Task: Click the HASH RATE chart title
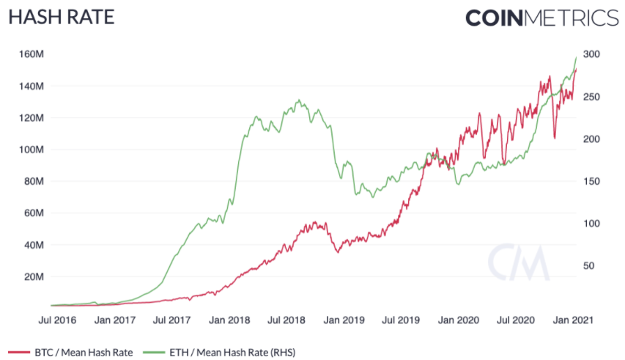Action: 61,16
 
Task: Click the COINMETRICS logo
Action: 542,18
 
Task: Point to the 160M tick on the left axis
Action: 33,54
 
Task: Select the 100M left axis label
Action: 33,150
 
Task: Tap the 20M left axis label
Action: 35,276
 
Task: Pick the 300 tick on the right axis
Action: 591,54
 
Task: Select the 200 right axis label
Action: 591,139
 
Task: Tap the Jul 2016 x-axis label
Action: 56,320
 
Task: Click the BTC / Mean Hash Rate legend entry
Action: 72,350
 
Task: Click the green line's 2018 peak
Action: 298,100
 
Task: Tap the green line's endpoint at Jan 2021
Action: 576,57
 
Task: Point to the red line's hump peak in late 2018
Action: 316,221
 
